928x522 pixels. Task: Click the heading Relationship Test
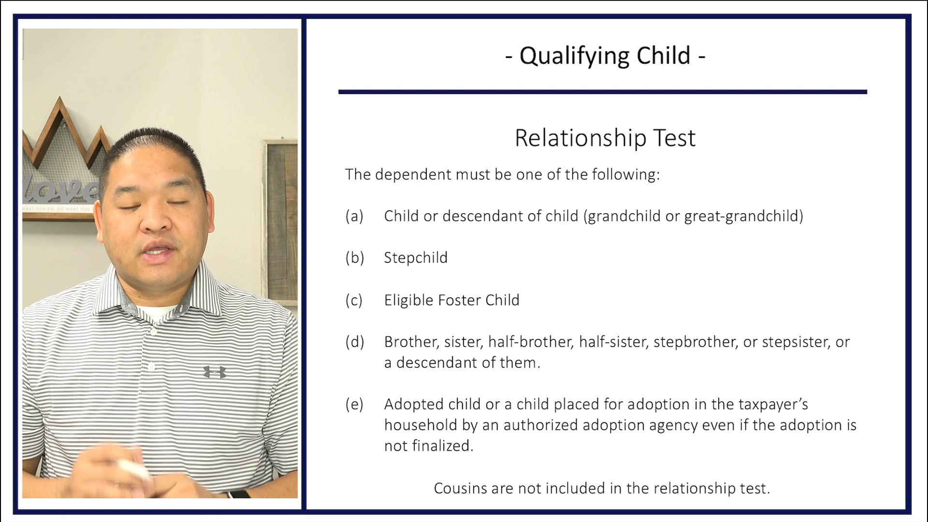click(x=605, y=138)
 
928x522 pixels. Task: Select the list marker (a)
click(x=354, y=216)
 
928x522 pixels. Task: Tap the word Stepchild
click(x=416, y=258)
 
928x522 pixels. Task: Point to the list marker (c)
click(x=354, y=300)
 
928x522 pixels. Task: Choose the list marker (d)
click(x=354, y=342)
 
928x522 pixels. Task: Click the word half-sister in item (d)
click(x=613, y=342)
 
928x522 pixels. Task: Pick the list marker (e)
click(x=354, y=404)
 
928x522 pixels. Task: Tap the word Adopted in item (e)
click(x=414, y=404)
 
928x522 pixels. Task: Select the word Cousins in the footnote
click(x=460, y=488)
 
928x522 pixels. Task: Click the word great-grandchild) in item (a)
click(x=743, y=216)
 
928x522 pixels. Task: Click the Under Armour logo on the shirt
click(x=215, y=372)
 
